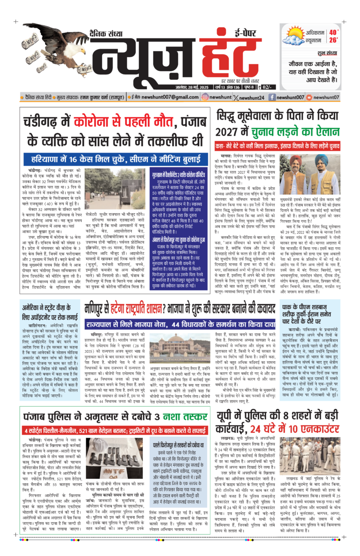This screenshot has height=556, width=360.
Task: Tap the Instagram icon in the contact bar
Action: tap(205, 97)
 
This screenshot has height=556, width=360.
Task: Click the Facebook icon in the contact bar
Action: tap(272, 97)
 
